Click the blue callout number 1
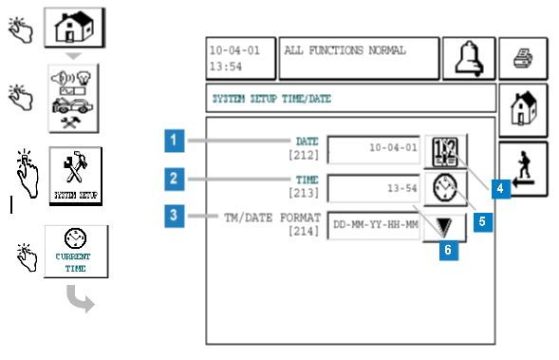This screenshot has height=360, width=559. (175, 141)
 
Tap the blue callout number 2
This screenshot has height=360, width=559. (175, 179)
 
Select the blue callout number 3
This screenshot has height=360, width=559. (175, 216)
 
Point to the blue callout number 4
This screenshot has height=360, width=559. (501, 189)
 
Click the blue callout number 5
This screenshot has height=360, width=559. (483, 222)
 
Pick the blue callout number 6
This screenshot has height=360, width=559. (449, 250)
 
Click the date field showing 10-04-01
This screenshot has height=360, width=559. (374, 149)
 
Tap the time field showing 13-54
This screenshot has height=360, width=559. (374, 188)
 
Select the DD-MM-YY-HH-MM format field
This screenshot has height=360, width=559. (374, 225)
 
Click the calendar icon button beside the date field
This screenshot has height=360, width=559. (445, 151)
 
